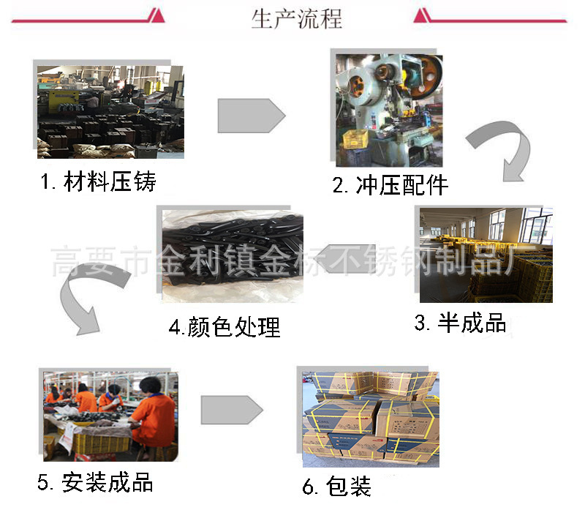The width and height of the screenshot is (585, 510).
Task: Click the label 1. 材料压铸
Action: point(98,181)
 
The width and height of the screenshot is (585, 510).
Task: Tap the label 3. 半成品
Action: point(460,323)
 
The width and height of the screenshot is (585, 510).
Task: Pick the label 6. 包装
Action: point(337,486)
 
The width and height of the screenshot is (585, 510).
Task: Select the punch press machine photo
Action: point(389,110)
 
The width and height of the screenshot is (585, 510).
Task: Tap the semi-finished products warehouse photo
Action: point(486,255)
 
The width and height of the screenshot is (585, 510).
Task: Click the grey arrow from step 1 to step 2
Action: point(251,116)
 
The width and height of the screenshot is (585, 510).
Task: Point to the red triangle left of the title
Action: point(154,15)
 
